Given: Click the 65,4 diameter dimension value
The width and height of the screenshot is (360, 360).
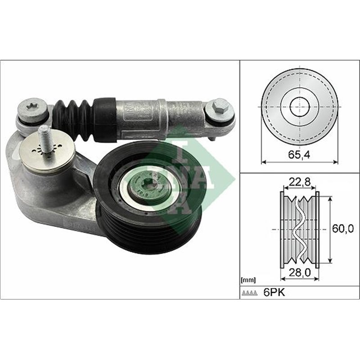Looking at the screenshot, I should pyautogui.click(x=299, y=154).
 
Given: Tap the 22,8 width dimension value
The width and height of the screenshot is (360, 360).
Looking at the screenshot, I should pyautogui.click(x=299, y=181).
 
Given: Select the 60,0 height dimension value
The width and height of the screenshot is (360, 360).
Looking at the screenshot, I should pyautogui.click(x=341, y=229).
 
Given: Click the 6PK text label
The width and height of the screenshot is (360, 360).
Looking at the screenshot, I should pyautogui.click(x=274, y=292).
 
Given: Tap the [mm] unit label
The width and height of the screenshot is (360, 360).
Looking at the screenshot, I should pyautogui.click(x=248, y=280).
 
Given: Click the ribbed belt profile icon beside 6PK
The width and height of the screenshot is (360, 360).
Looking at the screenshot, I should pyautogui.click(x=250, y=292).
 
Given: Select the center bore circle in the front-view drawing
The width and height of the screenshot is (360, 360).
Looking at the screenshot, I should pyautogui.click(x=299, y=107).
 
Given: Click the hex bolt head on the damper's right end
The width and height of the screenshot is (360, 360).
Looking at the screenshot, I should pyautogui.click(x=220, y=107).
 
